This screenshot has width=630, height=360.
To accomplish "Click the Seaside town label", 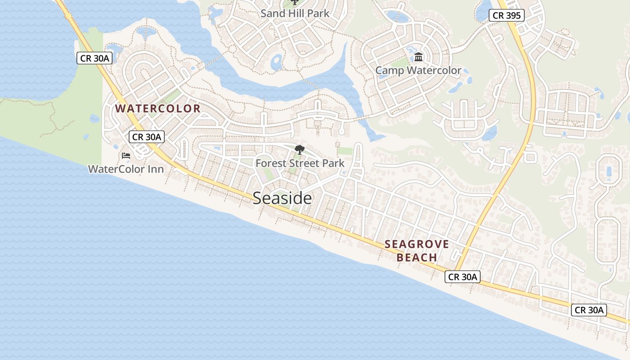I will point(282,198).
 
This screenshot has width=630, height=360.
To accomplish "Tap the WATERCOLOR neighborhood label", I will point(157,108).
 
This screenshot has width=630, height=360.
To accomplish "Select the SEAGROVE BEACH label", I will point(417,251).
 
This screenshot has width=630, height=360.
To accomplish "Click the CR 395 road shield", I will point(507,16).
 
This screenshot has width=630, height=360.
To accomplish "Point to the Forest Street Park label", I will point(300,163).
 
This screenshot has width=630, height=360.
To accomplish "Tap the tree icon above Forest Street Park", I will point(299,150).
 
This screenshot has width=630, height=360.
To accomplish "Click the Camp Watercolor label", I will point(418,71).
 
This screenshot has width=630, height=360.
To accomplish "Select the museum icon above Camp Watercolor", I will point(418,57).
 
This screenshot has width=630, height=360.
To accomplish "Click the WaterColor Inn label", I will point(126,169).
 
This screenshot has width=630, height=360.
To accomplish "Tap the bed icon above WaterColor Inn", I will point(126,156).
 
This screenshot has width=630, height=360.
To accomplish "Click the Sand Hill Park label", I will point(295,13).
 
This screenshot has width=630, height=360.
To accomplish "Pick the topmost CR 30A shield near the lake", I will point(94,58).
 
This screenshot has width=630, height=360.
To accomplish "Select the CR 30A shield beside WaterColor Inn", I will point(147,137).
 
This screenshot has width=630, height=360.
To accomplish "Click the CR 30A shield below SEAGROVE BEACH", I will point(462,277).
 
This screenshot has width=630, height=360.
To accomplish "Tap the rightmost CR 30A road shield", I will point(589,310).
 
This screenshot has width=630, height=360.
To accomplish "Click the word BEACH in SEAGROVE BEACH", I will point(417,258).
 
